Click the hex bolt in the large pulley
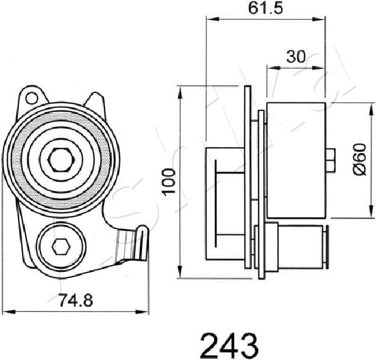[61, 158]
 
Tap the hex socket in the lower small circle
[60, 245]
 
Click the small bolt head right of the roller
[330, 158]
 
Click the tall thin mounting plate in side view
[248, 180]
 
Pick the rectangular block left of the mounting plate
[224, 204]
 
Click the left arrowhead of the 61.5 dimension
[209, 18]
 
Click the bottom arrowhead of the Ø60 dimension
[367, 217]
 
